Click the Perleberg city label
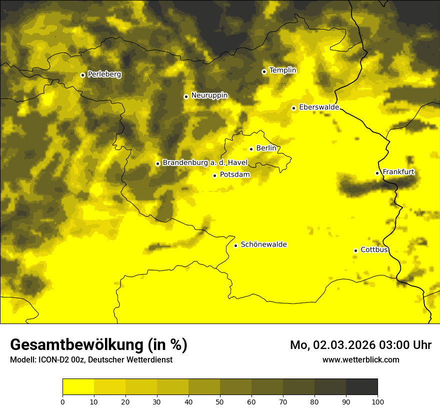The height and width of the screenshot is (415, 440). pos(104,74)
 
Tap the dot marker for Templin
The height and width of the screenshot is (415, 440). pos(264,71)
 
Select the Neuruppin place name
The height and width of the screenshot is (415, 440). pos(209,95)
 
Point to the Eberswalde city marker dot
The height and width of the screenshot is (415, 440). pos(294,108)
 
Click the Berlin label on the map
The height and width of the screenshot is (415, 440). pos(266,148)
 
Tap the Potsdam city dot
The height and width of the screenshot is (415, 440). pos(215,175)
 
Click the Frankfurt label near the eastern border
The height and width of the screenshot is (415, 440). pos(398,172)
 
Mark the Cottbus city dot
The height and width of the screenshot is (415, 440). pos(355,250)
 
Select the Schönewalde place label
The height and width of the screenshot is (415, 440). pos(263,244)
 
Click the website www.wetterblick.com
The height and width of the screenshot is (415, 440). pos(360,359)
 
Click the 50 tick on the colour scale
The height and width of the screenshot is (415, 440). pos(220,401)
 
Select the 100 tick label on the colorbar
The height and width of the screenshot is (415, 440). pos(377,401)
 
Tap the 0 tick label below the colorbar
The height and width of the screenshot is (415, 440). pos(62,401)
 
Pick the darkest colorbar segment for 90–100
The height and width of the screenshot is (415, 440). pos(361,387)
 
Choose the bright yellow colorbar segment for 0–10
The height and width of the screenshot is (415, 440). pos(78,387)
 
